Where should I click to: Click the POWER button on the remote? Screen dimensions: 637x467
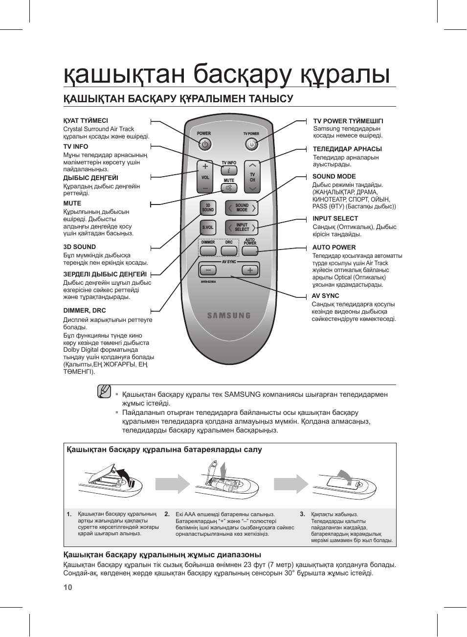tap(205, 144)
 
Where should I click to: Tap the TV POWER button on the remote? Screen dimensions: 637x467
tap(251, 144)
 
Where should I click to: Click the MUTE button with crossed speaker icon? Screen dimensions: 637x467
tap(229, 188)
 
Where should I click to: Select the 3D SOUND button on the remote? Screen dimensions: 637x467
tap(208, 208)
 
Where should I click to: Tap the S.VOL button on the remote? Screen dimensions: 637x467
tap(208, 227)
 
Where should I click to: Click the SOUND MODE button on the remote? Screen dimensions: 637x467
tap(242, 208)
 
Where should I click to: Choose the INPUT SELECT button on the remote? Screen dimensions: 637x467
tap(242, 227)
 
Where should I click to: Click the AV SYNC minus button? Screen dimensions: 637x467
tap(209, 270)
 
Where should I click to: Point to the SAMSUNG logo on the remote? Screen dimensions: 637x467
tap(228, 316)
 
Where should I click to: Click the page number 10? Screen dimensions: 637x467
tap(67, 587)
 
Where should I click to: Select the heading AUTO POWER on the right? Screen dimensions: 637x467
tap(334, 248)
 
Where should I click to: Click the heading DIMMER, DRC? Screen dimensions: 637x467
tap(85, 311)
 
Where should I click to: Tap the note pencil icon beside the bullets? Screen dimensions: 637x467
tap(104, 391)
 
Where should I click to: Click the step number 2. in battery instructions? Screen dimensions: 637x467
tap(167, 514)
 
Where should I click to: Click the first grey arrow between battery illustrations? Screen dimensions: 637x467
tap(177, 484)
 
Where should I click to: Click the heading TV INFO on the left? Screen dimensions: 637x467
tap(76, 147)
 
